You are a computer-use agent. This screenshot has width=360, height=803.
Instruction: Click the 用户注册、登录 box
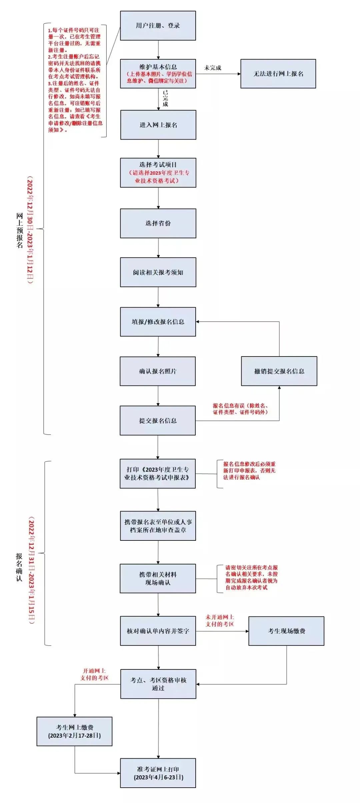point(158,26)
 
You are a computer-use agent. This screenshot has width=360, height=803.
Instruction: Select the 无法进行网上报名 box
point(278,74)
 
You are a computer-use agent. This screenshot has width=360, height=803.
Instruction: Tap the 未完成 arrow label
point(213,68)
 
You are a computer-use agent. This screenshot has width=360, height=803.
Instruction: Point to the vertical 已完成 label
point(165,98)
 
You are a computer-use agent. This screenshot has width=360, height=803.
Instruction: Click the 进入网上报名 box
point(158,125)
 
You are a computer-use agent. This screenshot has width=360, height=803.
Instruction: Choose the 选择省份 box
point(158,223)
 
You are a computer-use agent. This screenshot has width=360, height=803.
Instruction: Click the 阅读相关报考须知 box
point(158,272)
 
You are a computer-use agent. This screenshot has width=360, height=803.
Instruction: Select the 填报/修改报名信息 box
point(158,322)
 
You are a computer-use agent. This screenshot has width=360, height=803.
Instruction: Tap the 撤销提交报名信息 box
point(279,371)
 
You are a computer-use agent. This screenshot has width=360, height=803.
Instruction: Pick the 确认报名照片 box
point(158,371)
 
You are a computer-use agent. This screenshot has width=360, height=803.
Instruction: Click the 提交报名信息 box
point(158,420)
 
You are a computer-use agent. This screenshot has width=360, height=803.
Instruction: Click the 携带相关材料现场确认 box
point(158,578)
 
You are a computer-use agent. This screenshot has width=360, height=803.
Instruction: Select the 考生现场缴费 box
point(286,631)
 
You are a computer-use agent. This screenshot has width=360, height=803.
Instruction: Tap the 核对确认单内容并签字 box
point(158,631)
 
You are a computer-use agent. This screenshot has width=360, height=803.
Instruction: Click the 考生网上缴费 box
point(74,731)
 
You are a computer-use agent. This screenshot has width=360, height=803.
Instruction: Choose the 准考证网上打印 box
point(158,773)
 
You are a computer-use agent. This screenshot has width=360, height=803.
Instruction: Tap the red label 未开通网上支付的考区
point(220,620)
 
